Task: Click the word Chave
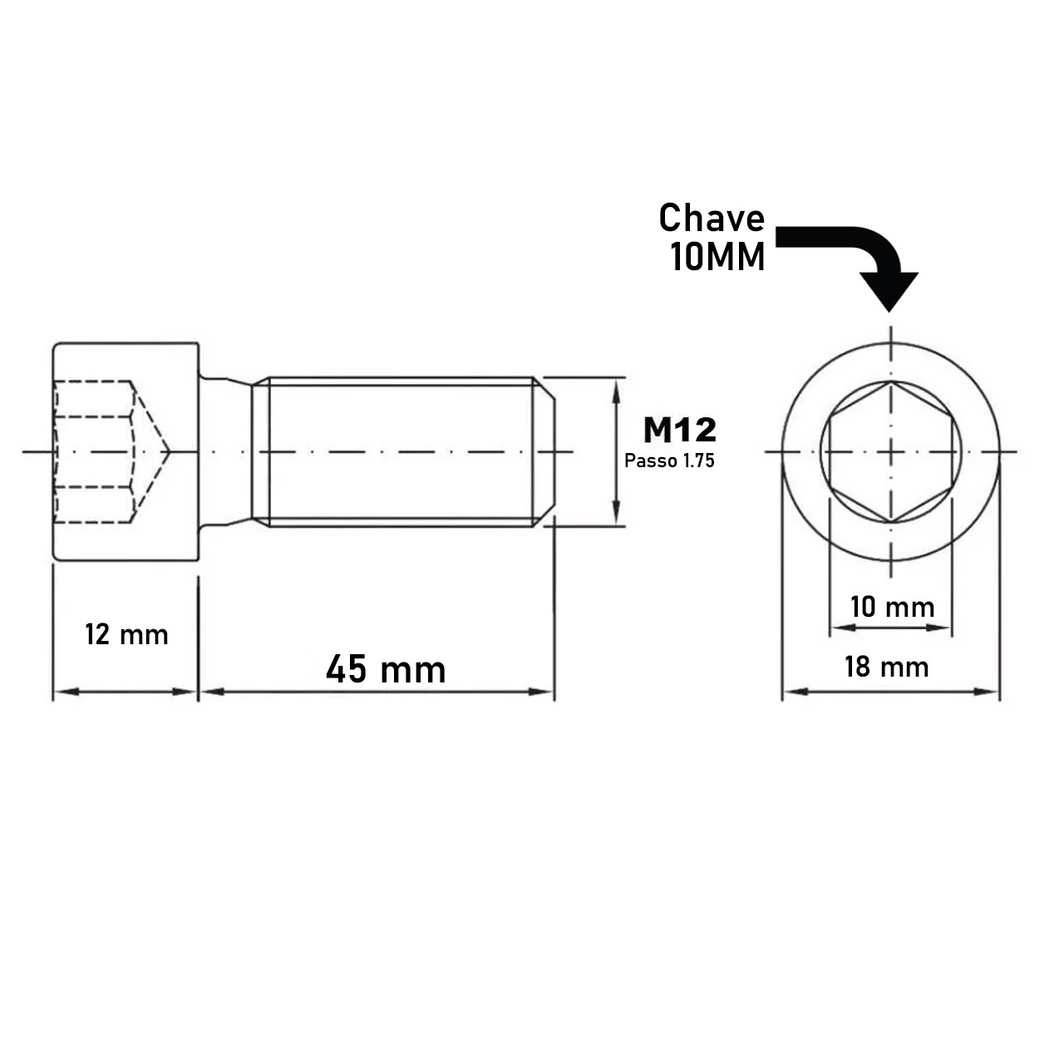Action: [712, 219]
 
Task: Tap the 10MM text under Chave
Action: [717, 259]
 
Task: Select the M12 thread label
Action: [679, 430]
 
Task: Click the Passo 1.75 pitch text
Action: [669, 461]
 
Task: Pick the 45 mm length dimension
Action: [385, 669]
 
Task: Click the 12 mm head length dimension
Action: [126, 636]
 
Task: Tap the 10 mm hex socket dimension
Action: [892, 607]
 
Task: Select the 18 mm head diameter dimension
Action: [886, 667]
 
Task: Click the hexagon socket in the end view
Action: [890, 452]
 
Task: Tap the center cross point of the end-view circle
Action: [890, 452]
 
